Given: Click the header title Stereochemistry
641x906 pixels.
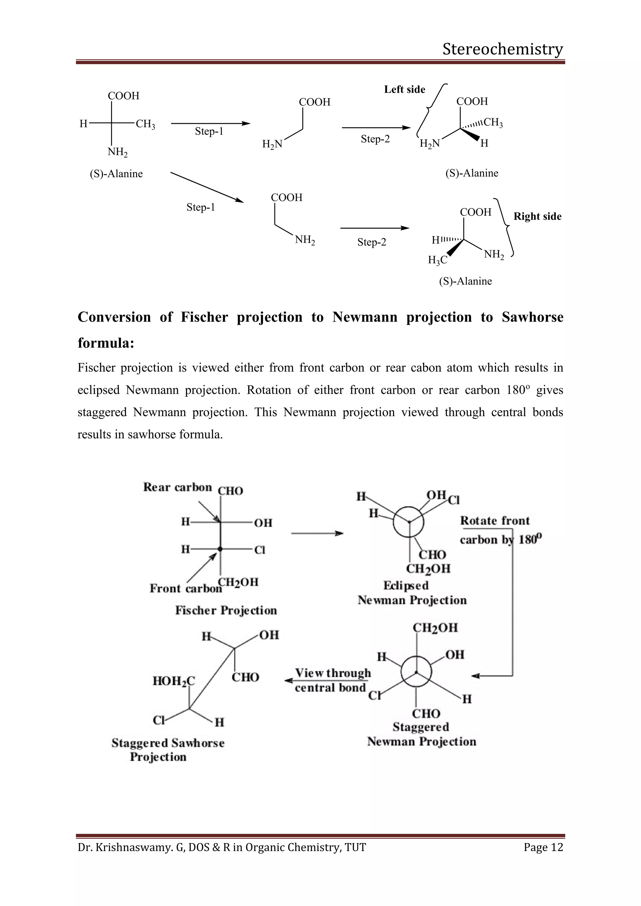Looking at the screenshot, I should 502,49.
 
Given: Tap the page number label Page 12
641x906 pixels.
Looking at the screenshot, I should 543,847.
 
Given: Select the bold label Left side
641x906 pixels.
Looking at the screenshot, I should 405,89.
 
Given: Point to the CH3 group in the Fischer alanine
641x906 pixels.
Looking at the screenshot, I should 145,124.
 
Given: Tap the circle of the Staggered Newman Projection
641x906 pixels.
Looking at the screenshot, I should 416,672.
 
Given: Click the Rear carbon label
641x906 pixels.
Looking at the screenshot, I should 177,487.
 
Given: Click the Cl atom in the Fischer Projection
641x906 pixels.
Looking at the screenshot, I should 259,550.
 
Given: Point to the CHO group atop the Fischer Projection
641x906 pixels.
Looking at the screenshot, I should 230,491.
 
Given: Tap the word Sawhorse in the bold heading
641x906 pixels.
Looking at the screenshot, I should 532,317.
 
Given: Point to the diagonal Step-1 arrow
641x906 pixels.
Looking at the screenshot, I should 207,187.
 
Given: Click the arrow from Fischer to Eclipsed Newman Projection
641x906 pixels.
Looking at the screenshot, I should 317,533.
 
